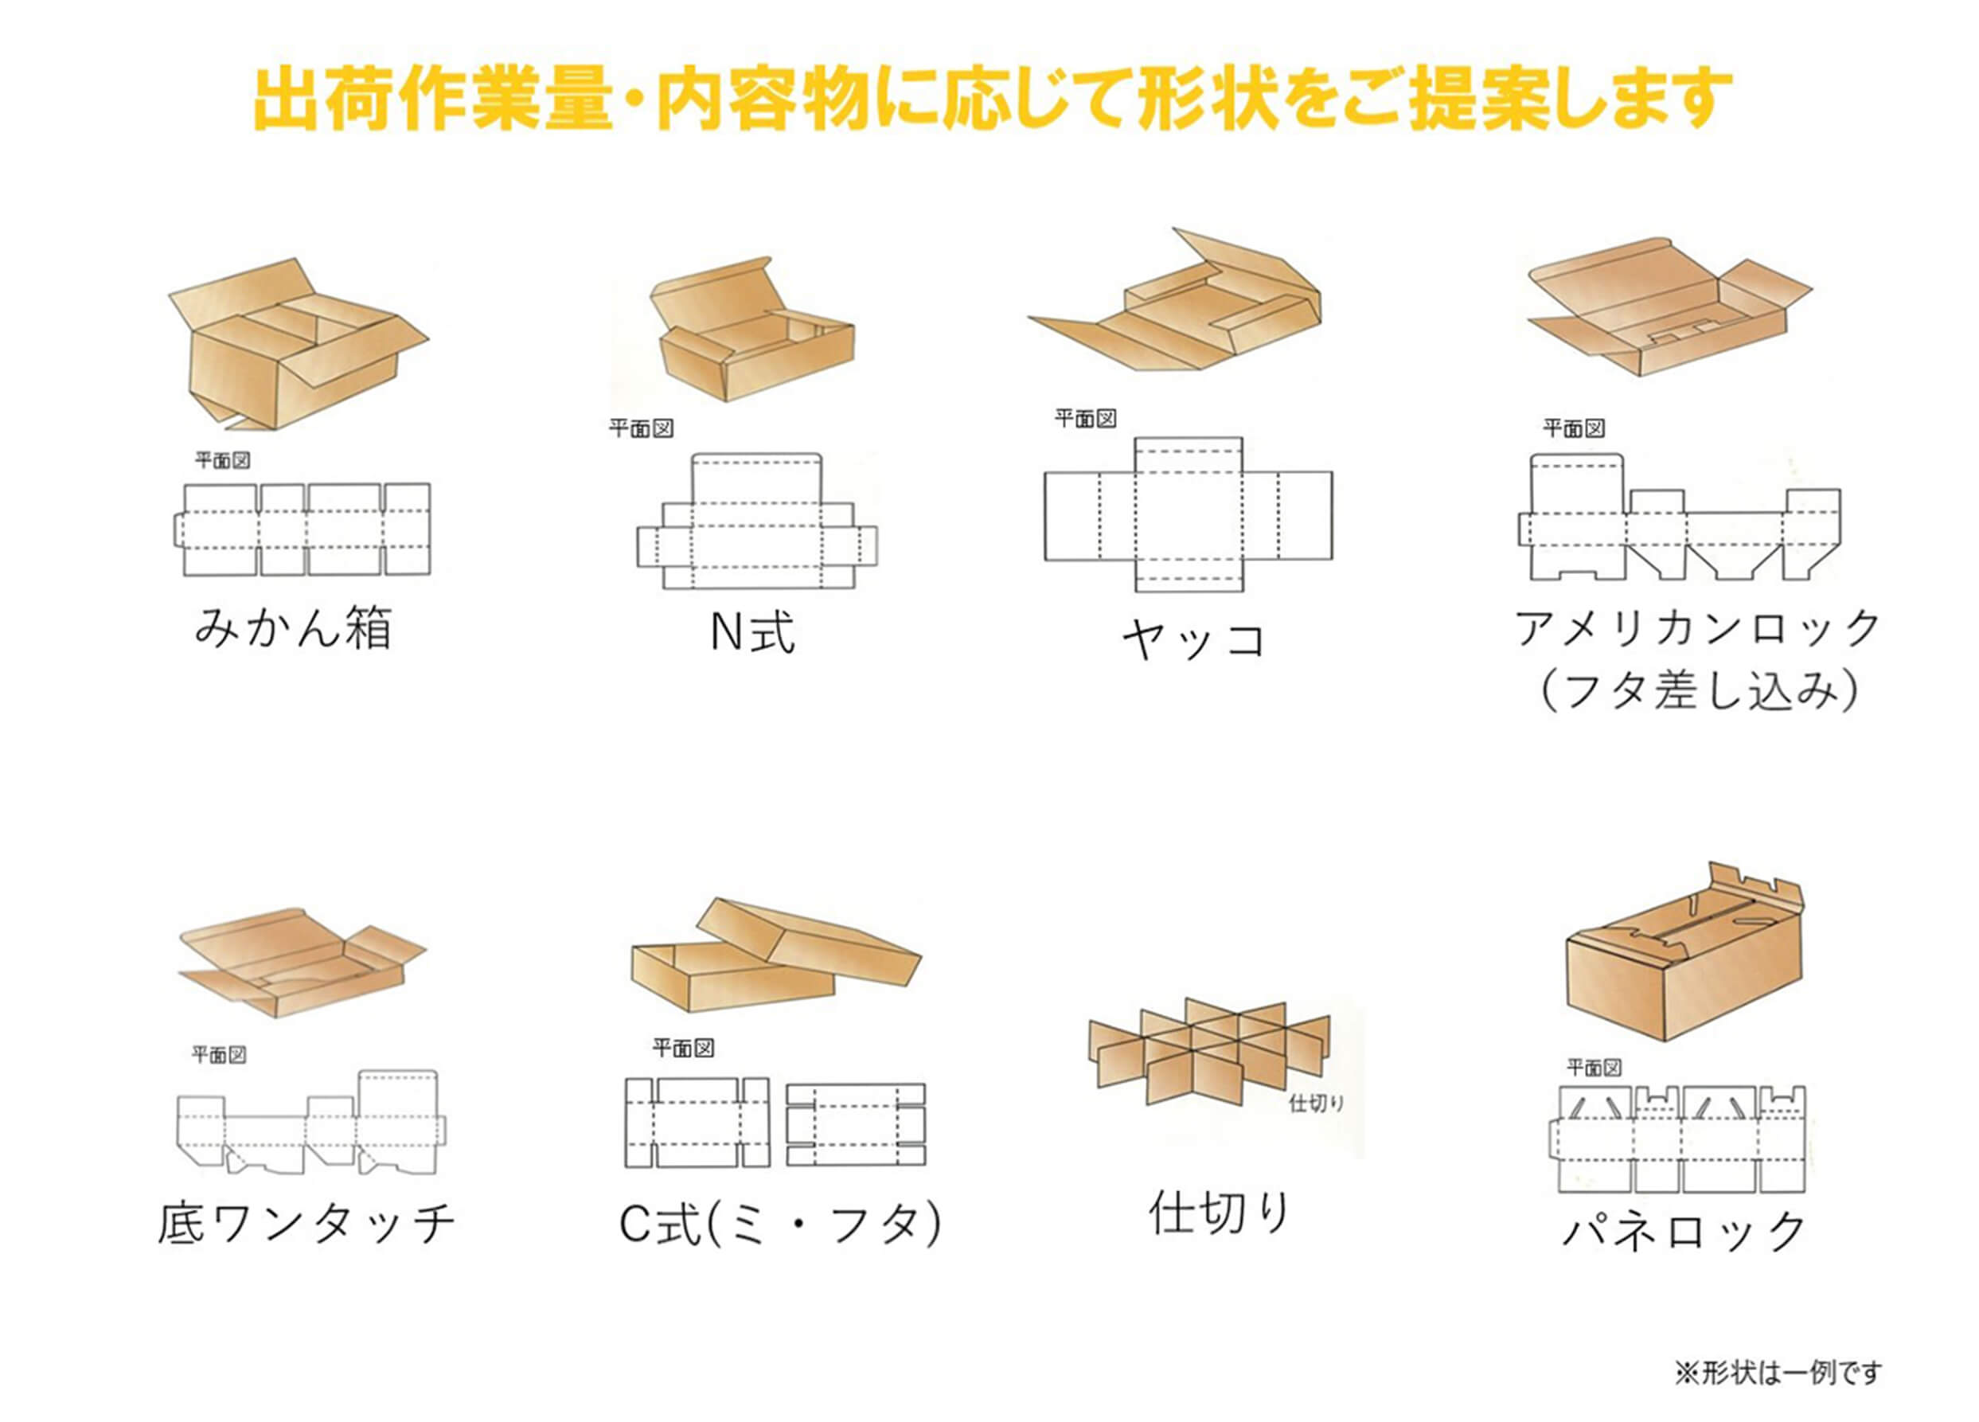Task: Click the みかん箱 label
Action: point(292,627)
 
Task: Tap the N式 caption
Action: point(752,632)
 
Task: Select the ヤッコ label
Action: point(1192,641)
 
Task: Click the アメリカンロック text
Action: point(1696,628)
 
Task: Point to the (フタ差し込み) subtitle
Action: point(1698,690)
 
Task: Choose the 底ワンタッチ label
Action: point(306,1224)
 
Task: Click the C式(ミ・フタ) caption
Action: point(780,1225)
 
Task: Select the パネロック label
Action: point(1684,1231)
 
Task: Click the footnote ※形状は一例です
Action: point(1778,1373)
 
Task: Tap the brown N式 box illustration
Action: point(751,336)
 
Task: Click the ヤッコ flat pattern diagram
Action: point(1189,515)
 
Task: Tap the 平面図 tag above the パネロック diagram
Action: point(1595,1068)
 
